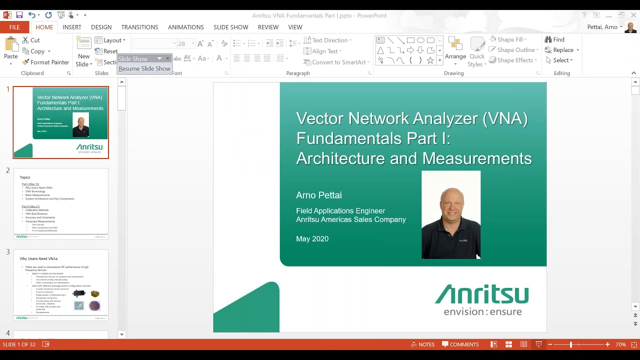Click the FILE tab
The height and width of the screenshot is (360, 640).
14,27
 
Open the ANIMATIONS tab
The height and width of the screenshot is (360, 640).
185,27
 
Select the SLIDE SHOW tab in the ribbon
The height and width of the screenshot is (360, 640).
230,27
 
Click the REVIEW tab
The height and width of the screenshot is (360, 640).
268,27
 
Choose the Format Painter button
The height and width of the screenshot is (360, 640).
45,62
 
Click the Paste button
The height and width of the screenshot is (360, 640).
11,51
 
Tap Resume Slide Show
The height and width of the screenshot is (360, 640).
144,68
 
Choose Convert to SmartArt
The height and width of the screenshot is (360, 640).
336,62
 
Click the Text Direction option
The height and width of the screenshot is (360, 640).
327,40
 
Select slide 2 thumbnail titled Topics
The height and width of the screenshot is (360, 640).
60,203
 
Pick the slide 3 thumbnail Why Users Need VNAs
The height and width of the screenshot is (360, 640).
60,285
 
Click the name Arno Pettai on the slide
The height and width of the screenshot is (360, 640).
319,195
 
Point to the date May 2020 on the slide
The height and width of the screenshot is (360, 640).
312,239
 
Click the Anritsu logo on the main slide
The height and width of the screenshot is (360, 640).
482,299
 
